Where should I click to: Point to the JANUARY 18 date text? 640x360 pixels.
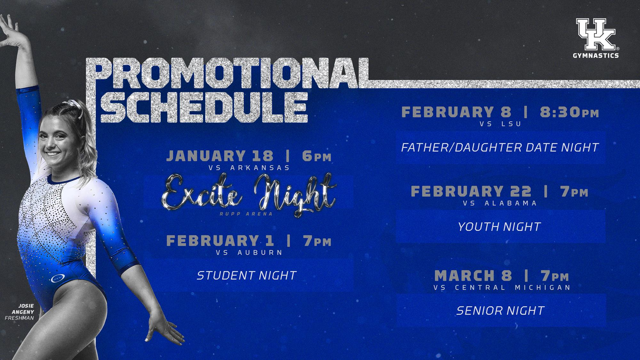click(x=220, y=156)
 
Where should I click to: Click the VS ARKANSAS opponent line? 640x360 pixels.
click(x=249, y=168)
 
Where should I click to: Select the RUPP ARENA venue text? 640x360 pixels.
click(x=246, y=214)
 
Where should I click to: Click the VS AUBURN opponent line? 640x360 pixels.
click(x=249, y=252)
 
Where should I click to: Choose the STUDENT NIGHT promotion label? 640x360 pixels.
click(x=246, y=275)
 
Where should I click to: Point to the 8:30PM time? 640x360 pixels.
click(x=569, y=112)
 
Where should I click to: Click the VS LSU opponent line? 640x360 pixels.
click(x=500, y=124)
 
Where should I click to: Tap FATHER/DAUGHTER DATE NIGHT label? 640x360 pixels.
click(x=500, y=148)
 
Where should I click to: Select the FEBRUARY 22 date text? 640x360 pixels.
click(x=471, y=191)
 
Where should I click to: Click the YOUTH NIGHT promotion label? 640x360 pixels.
click(x=499, y=227)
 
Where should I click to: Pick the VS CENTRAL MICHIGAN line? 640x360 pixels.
click(x=502, y=287)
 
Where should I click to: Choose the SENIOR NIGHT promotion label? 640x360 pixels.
click(x=500, y=310)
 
